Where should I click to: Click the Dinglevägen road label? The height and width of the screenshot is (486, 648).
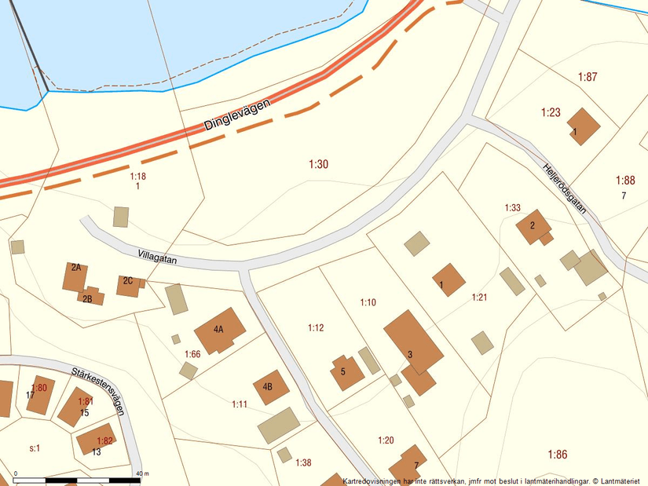pyautogui.click(x=236, y=115)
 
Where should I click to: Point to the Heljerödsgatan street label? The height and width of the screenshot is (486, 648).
pyautogui.click(x=565, y=188)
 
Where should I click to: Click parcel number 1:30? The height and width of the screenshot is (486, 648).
pyautogui.click(x=318, y=164)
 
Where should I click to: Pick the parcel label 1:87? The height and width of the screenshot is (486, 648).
pyautogui.click(x=588, y=77)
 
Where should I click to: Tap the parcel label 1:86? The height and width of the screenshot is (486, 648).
pyautogui.click(x=557, y=454)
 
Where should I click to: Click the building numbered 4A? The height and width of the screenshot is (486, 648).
pyautogui.click(x=219, y=331)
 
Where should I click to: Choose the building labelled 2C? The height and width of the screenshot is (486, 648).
pyautogui.click(x=129, y=284)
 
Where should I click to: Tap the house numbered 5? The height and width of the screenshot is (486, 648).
pyautogui.click(x=346, y=372)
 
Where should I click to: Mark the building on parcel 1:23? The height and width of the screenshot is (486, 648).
pyautogui.click(x=584, y=126)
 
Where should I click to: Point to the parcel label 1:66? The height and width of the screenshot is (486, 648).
pyautogui.click(x=192, y=354)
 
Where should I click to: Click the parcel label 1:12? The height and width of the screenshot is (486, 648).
pyautogui.click(x=316, y=327)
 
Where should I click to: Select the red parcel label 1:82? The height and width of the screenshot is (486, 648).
pyautogui.click(x=105, y=440)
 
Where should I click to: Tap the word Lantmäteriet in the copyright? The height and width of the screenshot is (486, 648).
pyautogui.click(x=618, y=481)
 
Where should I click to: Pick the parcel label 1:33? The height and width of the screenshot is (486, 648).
pyautogui.click(x=512, y=208)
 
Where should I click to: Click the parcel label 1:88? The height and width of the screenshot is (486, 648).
pyautogui.click(x=625, y=180)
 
